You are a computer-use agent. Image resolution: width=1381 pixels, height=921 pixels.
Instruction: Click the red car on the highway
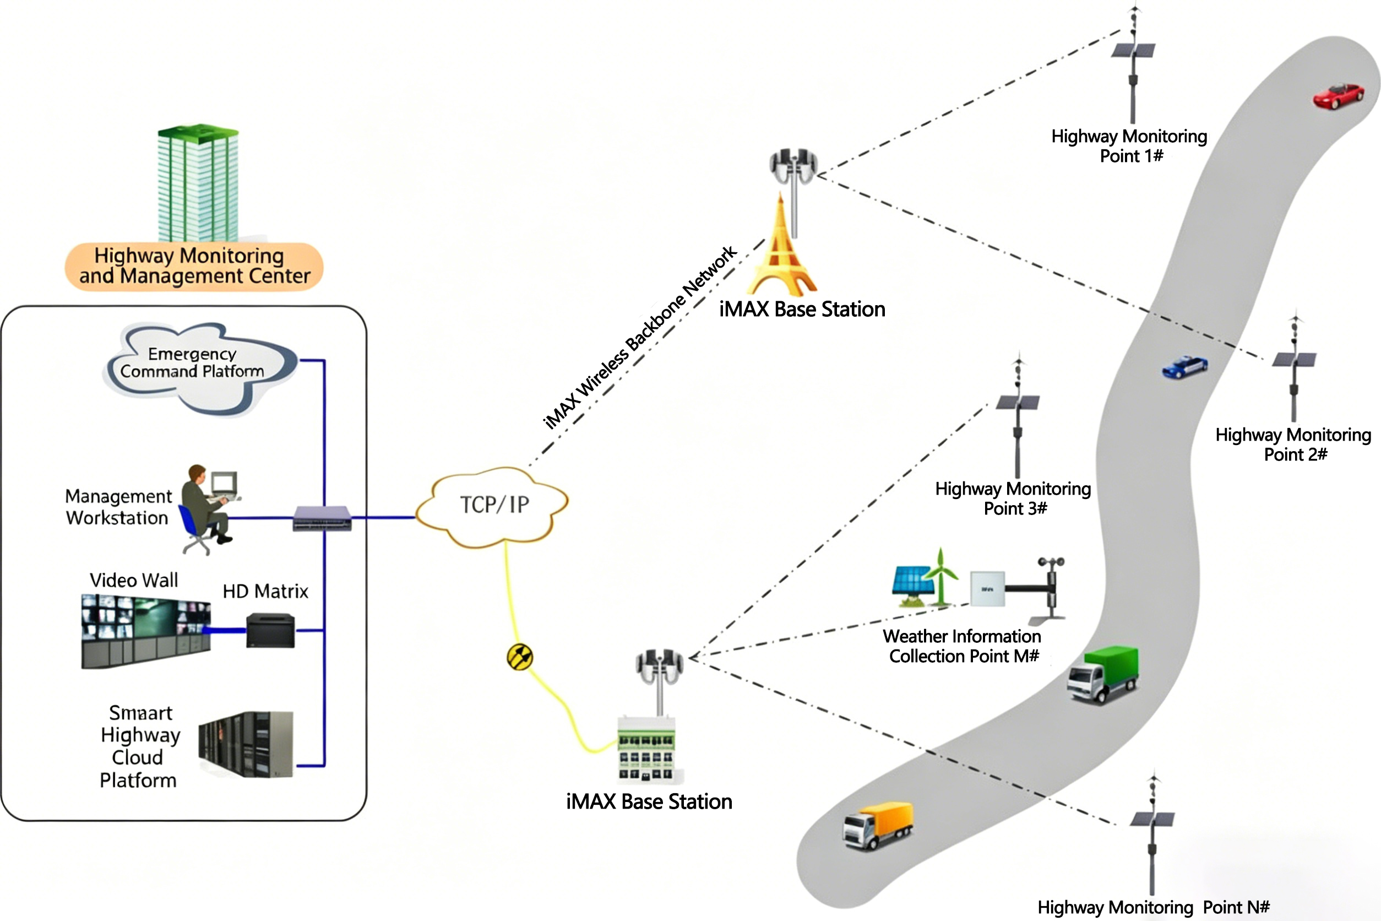click(1338, 96)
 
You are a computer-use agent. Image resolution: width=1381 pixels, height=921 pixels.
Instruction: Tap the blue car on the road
click(1184, 367)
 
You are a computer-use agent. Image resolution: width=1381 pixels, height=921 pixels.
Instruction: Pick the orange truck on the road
click(878, 824)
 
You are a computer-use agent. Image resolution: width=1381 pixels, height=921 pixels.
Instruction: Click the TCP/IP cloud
click(493, 506)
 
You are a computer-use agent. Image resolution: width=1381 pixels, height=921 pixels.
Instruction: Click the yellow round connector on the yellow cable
click(520, 657)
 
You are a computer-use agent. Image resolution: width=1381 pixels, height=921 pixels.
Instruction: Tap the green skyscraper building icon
click(198, 182)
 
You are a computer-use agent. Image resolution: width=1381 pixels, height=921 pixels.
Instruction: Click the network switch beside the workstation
click(322, 518)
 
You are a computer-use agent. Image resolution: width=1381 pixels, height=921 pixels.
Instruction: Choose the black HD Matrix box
click(270, 630)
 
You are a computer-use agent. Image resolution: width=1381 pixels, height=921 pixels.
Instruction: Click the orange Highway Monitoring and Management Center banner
click(194, 266)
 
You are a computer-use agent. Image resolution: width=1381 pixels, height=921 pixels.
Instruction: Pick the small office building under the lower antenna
click(646, 749)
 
